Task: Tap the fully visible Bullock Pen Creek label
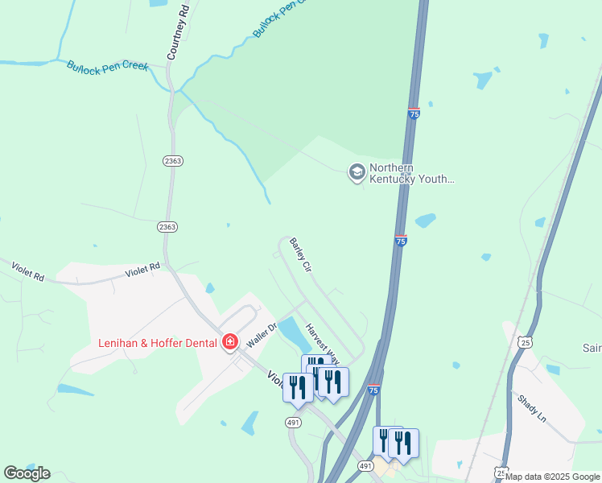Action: tap(108, 66)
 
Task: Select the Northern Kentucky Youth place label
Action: tap(411, 174)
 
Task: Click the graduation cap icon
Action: tap(356, 171)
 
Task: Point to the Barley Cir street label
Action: tap(300, 255)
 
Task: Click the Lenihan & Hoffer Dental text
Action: tap(158, 343)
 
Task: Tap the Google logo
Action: tap(27, 473)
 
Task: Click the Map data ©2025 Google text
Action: tap(553, 477)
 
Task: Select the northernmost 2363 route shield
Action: tap(172, 161)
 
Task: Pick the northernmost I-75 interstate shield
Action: tap(414, 114)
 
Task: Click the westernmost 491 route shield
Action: tap(293, 422)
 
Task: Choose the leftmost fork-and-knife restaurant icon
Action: tap(298, 386)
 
